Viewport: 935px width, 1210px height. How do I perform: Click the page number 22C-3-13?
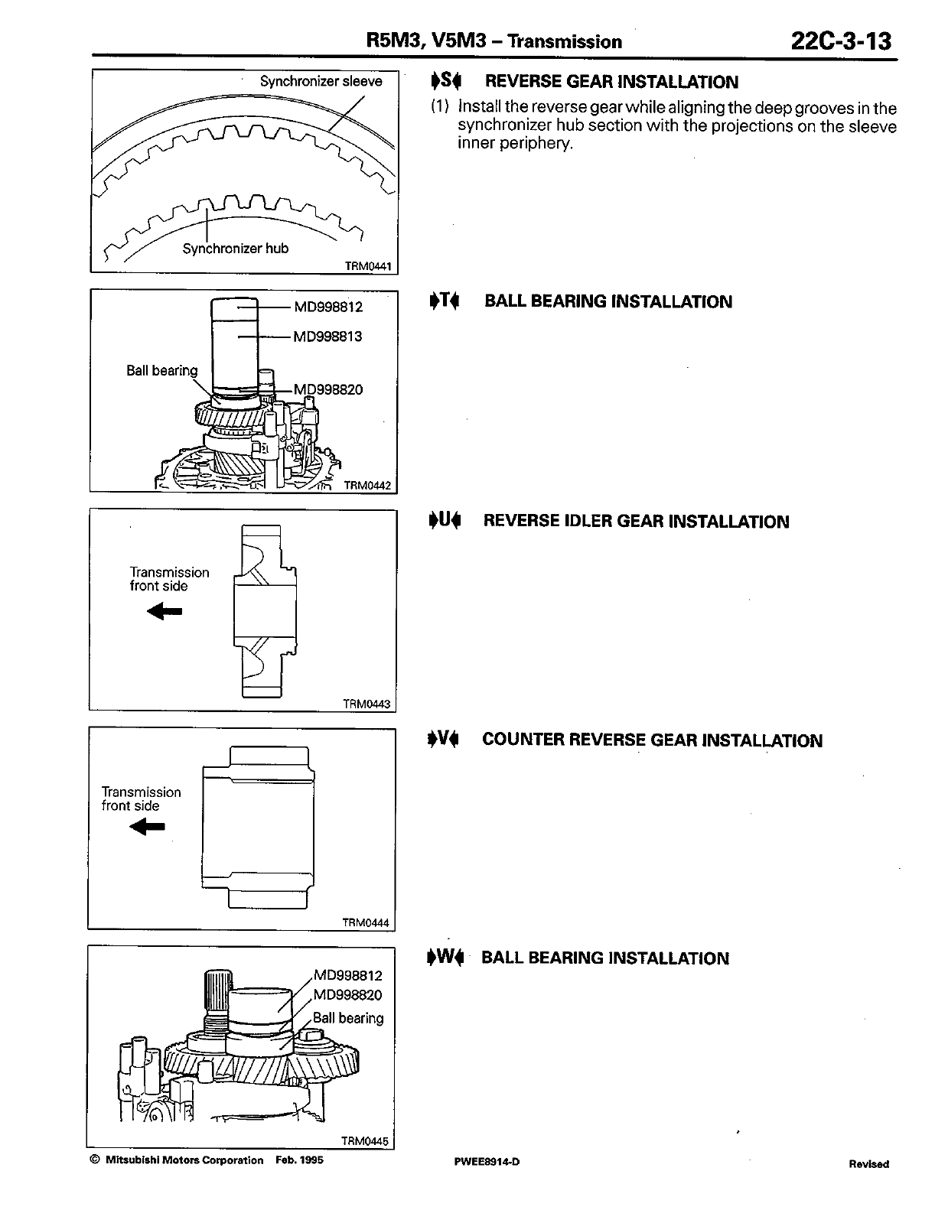[x=842, y=40]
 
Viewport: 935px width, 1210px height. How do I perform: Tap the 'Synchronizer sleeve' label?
[x=321, y=81]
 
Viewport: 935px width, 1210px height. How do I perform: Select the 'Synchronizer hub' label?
[x=235, y=249]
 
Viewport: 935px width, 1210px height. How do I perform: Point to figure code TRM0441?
[x=368, y=266]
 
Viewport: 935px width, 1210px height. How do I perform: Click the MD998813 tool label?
[x=328, y=337]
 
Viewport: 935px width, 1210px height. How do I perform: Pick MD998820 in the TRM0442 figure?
[x=328, y=389]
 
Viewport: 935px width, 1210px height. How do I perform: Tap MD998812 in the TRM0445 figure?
[x=347, y=975]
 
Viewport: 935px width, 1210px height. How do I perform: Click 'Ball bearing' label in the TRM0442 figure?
[x=161, y=370]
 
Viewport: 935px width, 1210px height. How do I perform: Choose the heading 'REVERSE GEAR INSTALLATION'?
[x=611, y=82]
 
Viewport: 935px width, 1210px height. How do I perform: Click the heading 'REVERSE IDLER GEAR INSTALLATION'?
[x=636, y=522]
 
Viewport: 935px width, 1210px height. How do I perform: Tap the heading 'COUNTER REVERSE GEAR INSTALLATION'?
[x=652, y=740]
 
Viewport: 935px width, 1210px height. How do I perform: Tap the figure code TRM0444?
[x=366, y=922]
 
